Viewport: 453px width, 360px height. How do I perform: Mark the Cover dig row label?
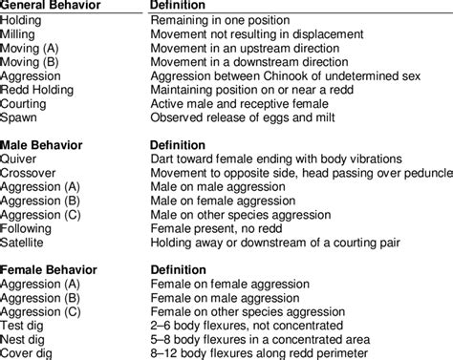(x=29, y=354)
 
